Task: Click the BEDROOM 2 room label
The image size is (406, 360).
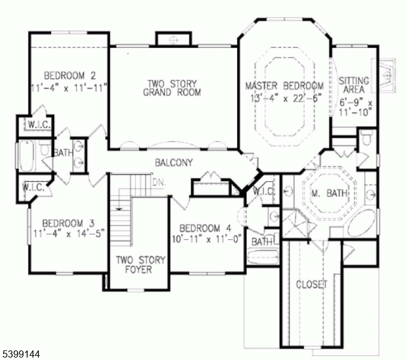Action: (x=70, y=76)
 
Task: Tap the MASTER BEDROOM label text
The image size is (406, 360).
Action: (x=285, y=86)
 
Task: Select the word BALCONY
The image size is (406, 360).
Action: (x=174, y=163)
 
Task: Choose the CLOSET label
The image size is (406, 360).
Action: (x=312, y=284)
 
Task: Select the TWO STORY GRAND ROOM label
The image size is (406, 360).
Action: (x=172, y=88)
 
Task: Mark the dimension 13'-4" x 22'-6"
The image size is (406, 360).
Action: (x=285, y=97)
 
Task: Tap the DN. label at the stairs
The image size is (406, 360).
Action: (x=159, y=181)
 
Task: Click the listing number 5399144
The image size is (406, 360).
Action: (x=20, y=355)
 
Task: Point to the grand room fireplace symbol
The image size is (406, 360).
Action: (x=173, y=40)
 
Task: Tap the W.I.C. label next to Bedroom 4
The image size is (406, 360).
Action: (x=264, y=191)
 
